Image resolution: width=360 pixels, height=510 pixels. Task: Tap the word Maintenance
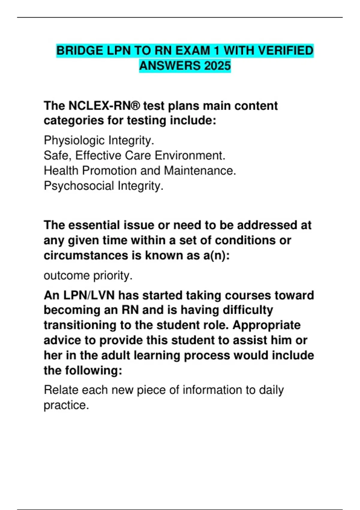point(200,170)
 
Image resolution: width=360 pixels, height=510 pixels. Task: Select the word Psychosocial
point(79,186)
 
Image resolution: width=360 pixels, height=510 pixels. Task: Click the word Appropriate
point(266,325)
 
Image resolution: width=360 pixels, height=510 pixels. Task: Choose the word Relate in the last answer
point(61,390)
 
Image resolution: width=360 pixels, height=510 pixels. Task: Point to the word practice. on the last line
point(66,405)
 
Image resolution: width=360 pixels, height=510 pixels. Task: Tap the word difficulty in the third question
point(248,310)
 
